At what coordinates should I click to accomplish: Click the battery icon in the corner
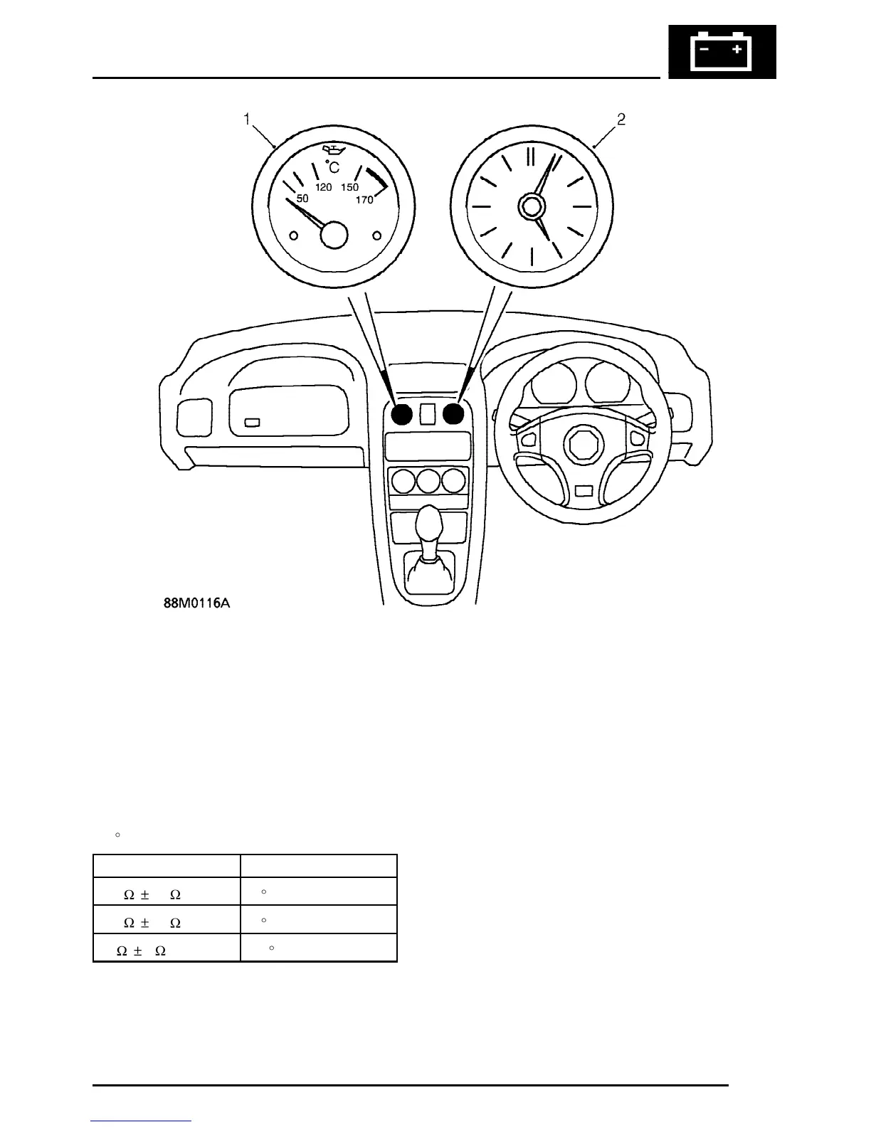tap(722, 52)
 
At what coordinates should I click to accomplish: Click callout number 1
tap(247, 120)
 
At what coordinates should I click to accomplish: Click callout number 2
tap(621, 120)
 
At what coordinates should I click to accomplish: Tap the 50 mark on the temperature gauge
tap(302, 199)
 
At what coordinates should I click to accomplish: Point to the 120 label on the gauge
tap(323, 187)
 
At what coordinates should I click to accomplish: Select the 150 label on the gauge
tap(349, 187)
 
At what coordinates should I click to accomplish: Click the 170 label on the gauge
tap(364, 200)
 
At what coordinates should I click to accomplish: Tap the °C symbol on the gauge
tap(332, 168)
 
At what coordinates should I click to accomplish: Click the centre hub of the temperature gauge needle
tap(333, 234)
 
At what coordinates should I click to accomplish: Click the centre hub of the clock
tap(532, 206)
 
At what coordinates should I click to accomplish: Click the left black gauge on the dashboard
tap(402, 413)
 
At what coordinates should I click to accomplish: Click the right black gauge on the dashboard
tap(452, 413)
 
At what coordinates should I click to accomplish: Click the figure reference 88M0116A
tap(196, 603)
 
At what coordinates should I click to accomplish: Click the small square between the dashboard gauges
tap(427, 413)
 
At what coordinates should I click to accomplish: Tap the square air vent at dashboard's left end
tap(194, 417)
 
